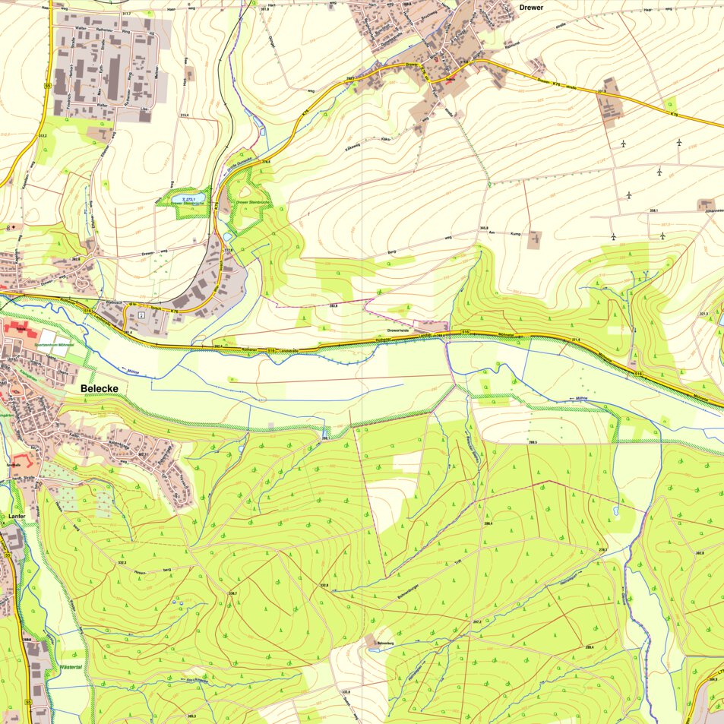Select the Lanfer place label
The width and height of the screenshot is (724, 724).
17,516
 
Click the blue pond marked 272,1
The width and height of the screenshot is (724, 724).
187,199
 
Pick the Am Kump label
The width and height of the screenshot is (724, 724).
507,234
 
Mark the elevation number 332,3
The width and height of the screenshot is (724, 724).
122,562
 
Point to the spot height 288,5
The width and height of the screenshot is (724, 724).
533,442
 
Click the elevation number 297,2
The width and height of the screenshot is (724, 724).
477,621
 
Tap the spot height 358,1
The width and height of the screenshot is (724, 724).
652,210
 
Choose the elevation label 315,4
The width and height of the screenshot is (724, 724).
184,115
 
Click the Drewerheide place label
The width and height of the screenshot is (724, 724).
400,330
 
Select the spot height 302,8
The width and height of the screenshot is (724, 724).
699,552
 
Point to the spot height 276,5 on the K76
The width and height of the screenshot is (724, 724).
266,161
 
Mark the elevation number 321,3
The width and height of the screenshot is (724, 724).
703,313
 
